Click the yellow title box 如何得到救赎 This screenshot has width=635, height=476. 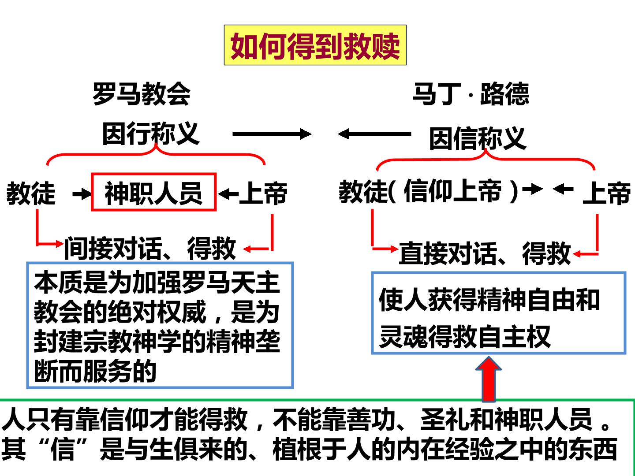pyautogui.click(x=315, y=45)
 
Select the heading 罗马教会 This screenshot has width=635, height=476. pyautogui.click(x=142, y=93)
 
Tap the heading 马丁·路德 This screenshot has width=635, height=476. pyautogui.click(x=471, y=93)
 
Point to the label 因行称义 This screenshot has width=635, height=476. pyautogui.click(x=151, y=134)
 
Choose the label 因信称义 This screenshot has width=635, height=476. pyautogui.click(x=478, y=139)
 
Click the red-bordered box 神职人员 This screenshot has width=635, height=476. pyautogui.click(x=154, y=192)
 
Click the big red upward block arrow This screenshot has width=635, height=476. pyautogui.click(x=489, y=379)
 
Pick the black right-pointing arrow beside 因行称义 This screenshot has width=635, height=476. pyautogui.click(x=272, y=134)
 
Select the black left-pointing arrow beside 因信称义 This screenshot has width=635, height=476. pyautogui.click(x=374, y=134)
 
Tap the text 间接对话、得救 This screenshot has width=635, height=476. pyautogui.click(x=150, y=248)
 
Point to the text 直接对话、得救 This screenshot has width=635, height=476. pyautogui.click(x=485, y=253)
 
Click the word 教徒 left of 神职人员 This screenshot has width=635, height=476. pyautogui.click(x=31, y=193)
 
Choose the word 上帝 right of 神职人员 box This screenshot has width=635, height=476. pyautogui.click(x=263, y=193)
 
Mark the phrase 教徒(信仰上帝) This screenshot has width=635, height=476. pyautogui.click(x=429, y=191)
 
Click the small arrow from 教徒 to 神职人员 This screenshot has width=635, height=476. pyautogui.click(x=82, y=194)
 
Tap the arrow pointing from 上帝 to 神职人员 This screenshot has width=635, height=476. pyautogui.click(x=228, y=194)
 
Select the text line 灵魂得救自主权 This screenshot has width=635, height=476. pyautogui.click(x=465, y=336)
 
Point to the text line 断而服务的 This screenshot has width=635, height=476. pyautogui.click(x=95, y=371)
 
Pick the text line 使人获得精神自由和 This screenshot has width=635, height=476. pyautogui.click(x=489, y=300)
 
